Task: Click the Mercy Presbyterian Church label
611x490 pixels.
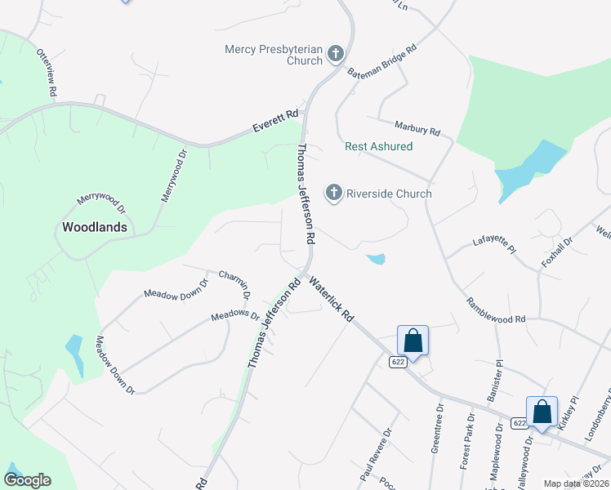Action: [x=274, y=55]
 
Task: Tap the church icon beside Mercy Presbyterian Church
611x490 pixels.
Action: [x=335, y=55]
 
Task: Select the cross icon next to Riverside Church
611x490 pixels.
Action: [x=333, y=193]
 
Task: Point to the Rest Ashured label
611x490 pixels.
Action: [x=378, y=146]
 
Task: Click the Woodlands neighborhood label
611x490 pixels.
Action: [x=96, y=227]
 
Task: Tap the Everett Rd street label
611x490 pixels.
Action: [x=276, y=123]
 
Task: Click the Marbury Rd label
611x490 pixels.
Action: [x=417, y=129]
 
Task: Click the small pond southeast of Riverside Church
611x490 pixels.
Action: [x=376, y=260]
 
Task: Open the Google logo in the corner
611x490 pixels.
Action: [x=27, y=480]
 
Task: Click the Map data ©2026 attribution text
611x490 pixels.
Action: [x=575, y=483]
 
